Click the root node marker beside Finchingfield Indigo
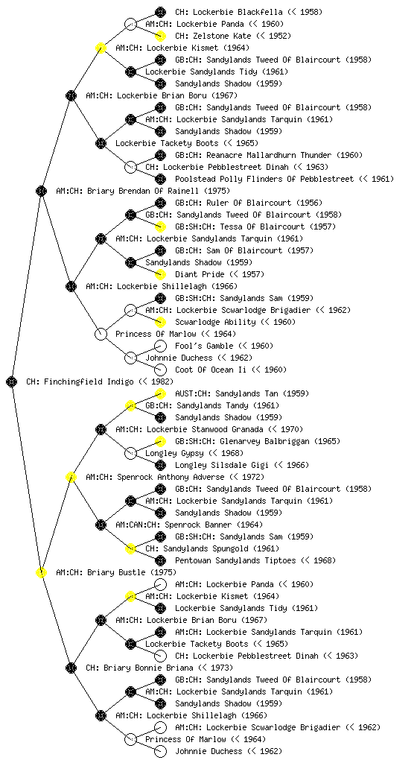(12, 381)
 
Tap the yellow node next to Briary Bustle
(41, 572)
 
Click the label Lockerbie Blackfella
(227, 12)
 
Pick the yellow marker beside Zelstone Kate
(160, 36)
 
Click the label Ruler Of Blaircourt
(229, 203)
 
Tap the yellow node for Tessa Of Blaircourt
(160, 227)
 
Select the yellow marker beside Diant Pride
(160, 274)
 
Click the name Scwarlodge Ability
(215, 322)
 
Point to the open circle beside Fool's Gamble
(160, 346)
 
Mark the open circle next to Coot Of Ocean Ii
(160, 370)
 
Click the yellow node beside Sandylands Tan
(160, 393)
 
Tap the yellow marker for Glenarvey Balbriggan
(160, 441)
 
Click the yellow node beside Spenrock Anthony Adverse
(71, 477)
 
